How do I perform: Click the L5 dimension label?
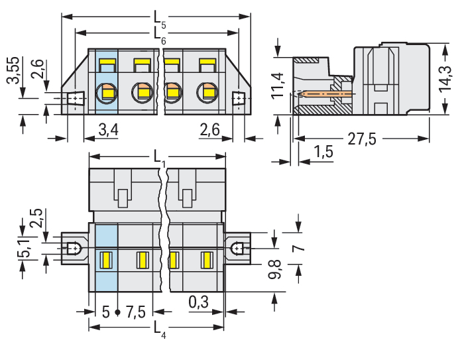pyautogui.click(x=160, y=20)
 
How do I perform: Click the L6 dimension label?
pyautogui.click(x=160, y=36)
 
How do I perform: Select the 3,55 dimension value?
pyautogui.click(x=13, y=70)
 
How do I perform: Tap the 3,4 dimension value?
pyautogui.click(x=109, y=130)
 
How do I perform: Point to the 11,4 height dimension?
pyautogui.click(x=277, y=86)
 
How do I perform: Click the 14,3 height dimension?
pyautogui.click(x=445, y=80)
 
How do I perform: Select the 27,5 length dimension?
pyautogui.click(x=362, y=139)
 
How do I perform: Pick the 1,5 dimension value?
pyautogui.click(x=323, y=152)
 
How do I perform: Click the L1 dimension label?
pyautogui.click(x=160, y=159)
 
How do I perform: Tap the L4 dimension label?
pyautogui.click(x=160, y=330)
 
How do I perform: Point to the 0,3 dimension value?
pyautogui.click(x=199, y=302)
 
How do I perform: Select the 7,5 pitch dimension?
pyautogui.click(x=136, y=312)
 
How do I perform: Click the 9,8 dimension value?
pyautogui.click(x=275, y=270)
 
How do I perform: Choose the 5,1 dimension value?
pyautogui.click(x=24, y=249)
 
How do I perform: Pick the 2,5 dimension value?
pyautogui.click(x=36, y=218)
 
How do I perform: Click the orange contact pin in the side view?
pyautogui.click(x=325, y=94)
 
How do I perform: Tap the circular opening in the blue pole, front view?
pyautogui.click(x=106, y=93)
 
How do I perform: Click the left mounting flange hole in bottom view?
pyautogui.click(x=74, y=249)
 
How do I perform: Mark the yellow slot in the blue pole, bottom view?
pyautogui.click(x=106, y=261)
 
